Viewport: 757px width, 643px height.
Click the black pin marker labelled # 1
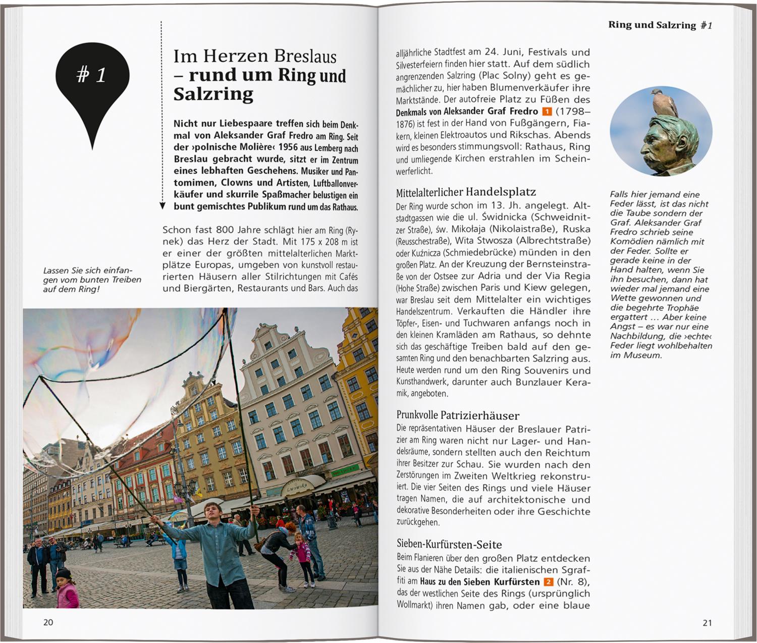pyautogui.click(x=92, y=81)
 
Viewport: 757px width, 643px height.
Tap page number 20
pyautogui.click(x=48, y=622)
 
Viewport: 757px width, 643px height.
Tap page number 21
pyautogui.click(x=707, y=623)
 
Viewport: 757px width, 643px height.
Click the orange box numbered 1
pyautogui.click(x=547, y=112)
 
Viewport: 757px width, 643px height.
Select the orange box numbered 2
pyautogui.click(x=548, y=582)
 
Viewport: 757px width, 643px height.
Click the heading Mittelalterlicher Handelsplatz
pyautogui.click(x=466, y=192)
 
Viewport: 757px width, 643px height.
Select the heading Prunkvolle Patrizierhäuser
pyautogui.click(x=458, y=416)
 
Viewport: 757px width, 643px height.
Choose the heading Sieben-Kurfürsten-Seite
pyautogui.click(x=449, y=545)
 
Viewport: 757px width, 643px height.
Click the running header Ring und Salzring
pyautogui.click(x=652, y=25)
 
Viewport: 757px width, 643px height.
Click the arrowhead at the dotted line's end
pyautogui.click(x=162, y=205)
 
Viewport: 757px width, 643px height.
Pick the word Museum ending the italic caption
pyautogui.click(x=642, y=355)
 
